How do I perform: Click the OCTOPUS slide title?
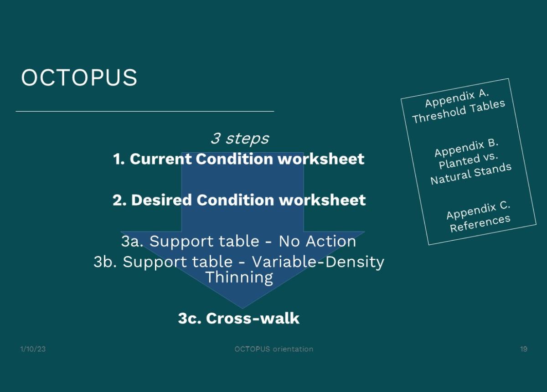79,77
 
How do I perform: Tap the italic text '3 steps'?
240,139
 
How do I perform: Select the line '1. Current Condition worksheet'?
238,159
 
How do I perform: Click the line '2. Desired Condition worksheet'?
239,200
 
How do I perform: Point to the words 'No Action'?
317,241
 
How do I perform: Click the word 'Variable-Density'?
318,262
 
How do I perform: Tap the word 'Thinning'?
239,278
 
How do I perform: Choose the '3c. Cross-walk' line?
238,318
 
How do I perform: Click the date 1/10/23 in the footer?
33,349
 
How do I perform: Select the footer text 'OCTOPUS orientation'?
273,349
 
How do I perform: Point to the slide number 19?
524,349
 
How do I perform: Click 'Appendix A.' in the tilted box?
457,98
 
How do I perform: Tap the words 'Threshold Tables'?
459,111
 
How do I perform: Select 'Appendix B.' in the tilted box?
466,148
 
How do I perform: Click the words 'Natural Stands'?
471,174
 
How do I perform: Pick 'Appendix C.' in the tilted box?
478,210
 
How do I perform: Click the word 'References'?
480,223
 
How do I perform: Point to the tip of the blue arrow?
243,309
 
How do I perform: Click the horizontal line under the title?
145,111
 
